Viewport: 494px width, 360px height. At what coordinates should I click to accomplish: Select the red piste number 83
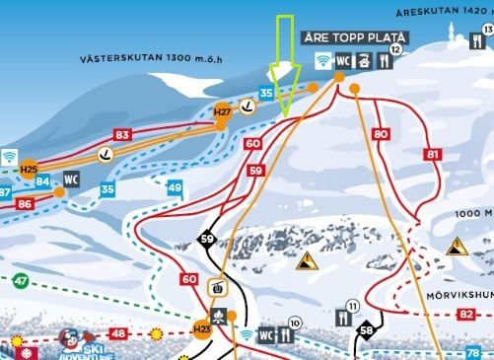pos(122,134)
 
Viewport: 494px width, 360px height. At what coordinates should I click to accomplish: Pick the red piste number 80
pos(382,133)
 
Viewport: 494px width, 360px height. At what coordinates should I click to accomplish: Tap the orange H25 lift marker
pos(29,169)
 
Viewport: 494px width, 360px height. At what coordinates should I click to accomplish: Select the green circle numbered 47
pos(20,281)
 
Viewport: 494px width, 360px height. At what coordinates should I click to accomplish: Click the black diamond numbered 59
pos(207,239)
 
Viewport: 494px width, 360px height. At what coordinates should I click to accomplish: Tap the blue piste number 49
pos(175,186)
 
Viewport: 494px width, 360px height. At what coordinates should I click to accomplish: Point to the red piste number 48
pos(118,333)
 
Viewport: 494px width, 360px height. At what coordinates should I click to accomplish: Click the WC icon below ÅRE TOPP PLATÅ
pos(344,60)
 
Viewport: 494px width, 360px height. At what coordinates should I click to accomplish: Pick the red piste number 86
pos(25,203)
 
